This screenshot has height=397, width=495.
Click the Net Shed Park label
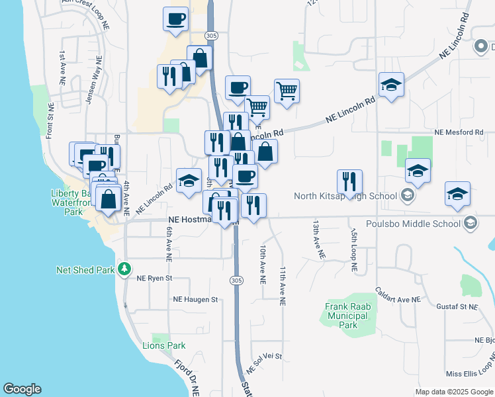86,270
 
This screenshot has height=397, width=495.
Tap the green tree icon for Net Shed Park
124,269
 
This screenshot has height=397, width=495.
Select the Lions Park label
164,345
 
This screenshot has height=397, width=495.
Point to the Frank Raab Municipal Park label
347,316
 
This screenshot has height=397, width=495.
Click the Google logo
22,389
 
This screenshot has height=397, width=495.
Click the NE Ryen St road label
154,279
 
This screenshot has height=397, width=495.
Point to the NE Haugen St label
195,300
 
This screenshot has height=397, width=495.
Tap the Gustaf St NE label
457,307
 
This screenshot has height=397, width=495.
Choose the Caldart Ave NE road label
398,295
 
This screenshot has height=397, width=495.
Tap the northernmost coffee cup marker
175,19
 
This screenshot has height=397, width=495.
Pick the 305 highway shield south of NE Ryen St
236,281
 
